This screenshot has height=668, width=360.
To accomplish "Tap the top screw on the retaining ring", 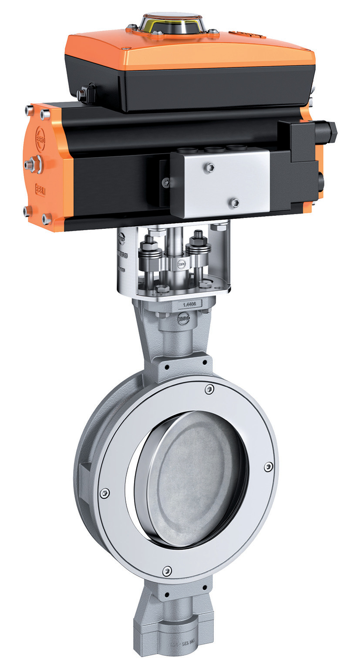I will coord(209,389).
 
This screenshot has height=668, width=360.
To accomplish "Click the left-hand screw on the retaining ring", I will coord(104,493).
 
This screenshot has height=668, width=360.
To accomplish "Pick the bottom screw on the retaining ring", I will coord(167,570).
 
